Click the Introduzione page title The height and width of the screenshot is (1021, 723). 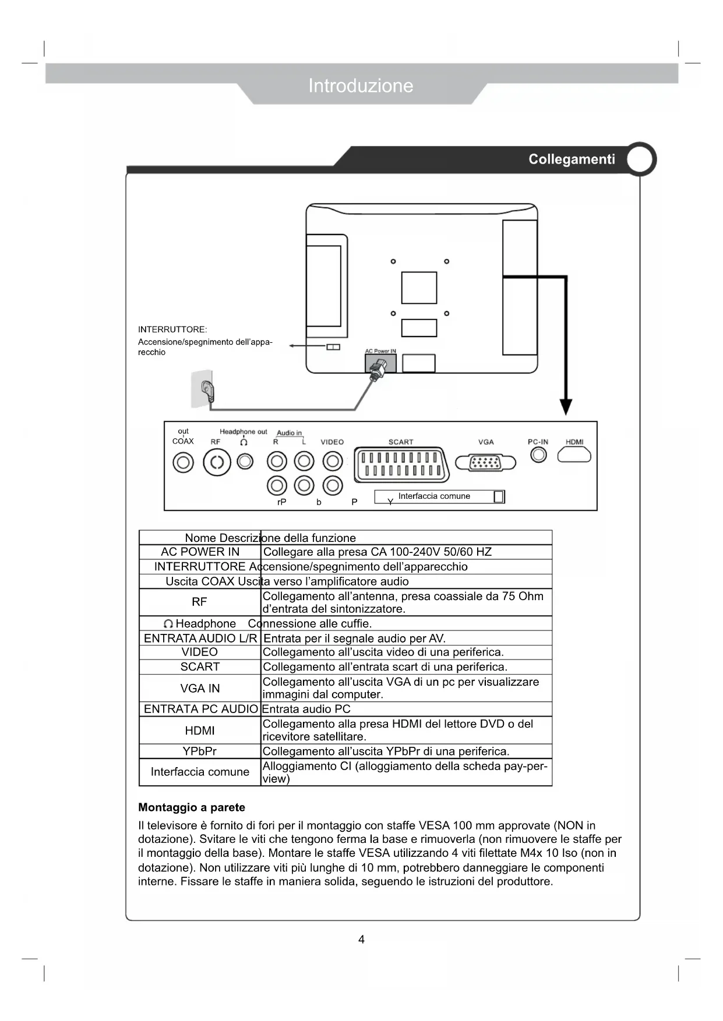[361, 86]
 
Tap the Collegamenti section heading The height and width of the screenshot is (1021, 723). [571, 159]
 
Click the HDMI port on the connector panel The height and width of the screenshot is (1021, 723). [574, 455]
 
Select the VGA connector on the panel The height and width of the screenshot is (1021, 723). [485, 463]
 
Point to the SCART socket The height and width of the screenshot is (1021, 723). [401, 464]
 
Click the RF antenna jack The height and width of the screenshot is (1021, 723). [217, 463]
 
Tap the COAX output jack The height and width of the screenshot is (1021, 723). [183, 463]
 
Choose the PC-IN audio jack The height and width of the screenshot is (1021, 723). [538, 455]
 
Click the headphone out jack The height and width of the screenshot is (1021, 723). [245, 462]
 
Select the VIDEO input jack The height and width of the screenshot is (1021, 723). [333, 462]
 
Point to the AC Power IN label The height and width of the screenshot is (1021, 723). [380, 351]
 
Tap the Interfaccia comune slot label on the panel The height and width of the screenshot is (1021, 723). [434, 497]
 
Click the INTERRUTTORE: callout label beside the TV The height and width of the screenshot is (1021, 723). [172, 329]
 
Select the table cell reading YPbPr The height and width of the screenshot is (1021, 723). [199, 751]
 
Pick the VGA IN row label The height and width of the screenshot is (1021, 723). [200, 689]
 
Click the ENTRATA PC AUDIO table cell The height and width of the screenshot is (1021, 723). [200, 709]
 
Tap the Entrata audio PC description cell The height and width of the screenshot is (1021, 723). [306, 709]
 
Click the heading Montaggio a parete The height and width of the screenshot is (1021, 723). [192, 807]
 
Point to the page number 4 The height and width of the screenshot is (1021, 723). [361, 940]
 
